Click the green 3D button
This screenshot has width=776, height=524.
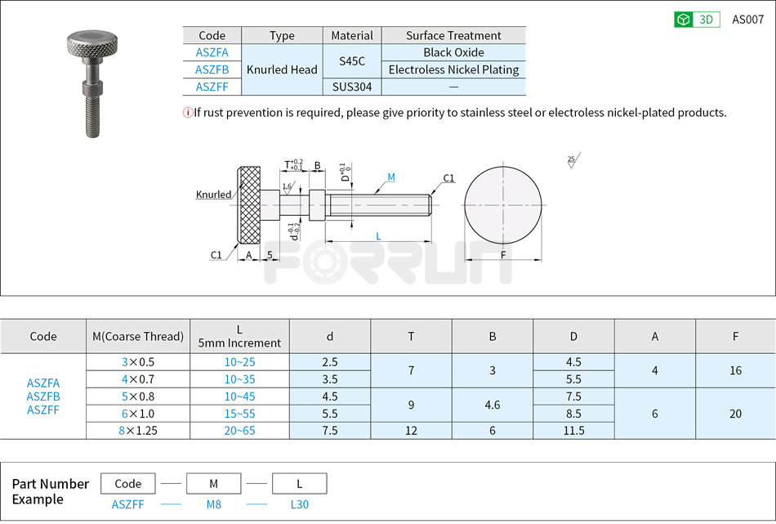(x=696, y=20)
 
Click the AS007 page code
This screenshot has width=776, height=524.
(x=747, y=20)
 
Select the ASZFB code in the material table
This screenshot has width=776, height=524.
(x=212, y=69)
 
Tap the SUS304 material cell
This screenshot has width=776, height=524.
(x=351, y=87)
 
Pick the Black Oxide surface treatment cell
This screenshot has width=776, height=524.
(x=453, y=52)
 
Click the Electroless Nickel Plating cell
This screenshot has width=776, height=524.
(x=453, y=69)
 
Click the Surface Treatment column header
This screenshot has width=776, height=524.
(x=453, y=35)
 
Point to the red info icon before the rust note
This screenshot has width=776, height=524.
(x=187, y=113)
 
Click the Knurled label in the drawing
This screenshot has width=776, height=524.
(x=213, y=195)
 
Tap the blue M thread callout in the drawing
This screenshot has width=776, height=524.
(x=391, y=177)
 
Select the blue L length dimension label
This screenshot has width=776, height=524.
(x=378, y=236)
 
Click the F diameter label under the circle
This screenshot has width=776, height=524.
(x=503, y=254)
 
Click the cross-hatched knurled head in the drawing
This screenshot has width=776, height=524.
(x=249, y=205)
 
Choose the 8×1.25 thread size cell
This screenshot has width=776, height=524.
(x=138, y=430)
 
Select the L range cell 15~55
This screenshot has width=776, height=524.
(x=239, y=414)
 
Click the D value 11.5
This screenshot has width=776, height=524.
(x=573, y=430)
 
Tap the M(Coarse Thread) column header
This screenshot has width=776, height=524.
(x=138, y=336)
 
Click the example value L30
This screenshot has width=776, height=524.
(x=300, y=504)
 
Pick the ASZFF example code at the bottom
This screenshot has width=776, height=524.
(x=127, y=504)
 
